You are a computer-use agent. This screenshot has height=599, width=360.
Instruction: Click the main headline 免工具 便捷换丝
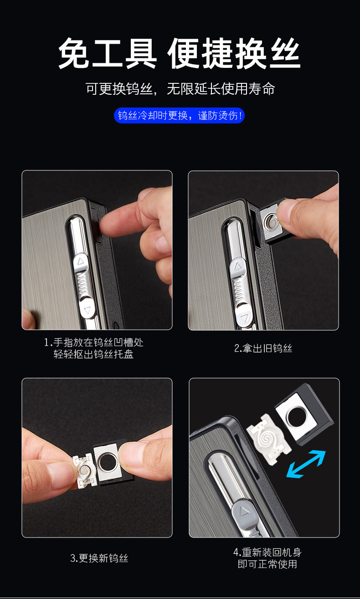click(x=180, y=53)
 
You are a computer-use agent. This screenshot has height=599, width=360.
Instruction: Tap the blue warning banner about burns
click(x=179, y=116)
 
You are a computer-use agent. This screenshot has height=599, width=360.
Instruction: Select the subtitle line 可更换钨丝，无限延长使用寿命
click(x=180, y=89)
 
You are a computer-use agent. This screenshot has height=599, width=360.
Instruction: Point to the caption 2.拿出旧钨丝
click(x=263, y=348)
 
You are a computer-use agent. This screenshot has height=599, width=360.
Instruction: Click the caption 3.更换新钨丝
click(x=99, y=558)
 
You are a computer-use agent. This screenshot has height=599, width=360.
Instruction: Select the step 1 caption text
click(x=93, y=348)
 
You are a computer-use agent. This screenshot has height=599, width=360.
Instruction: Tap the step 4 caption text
click(x=267, y=558)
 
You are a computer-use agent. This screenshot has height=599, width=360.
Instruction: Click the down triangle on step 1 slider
click(x=87, y=310)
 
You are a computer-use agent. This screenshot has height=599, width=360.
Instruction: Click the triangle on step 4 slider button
click(x=244, y=512)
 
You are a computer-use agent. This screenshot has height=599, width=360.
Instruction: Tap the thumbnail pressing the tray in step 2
click(x=284, y=213)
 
